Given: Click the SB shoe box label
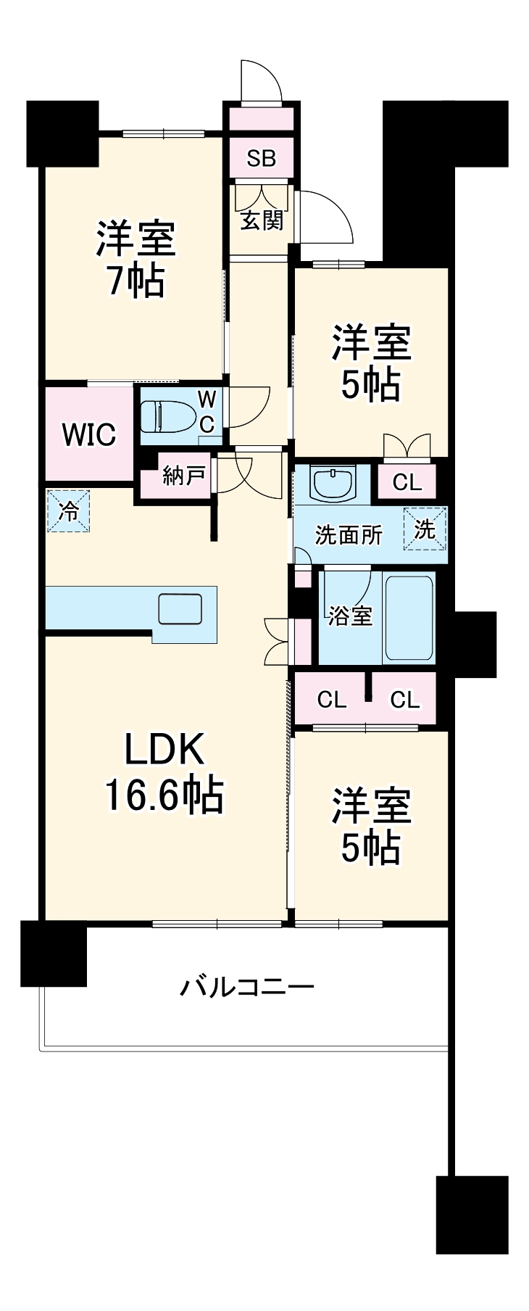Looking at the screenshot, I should tap(261, 158).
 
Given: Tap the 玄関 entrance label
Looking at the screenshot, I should tap(262, 219).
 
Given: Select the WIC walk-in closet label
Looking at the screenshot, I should tap(88, 434).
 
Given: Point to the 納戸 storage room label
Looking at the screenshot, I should tap(183, 477).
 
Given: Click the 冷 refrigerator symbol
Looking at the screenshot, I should tap(69, 512).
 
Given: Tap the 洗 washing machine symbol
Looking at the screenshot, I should tap(425, 529).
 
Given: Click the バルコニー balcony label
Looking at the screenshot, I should tap(247, 987).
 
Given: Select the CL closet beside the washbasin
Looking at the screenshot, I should tap(407, 482).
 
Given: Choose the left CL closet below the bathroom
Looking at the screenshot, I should tap(331, 700).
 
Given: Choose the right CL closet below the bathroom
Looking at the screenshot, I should tap(404, 700).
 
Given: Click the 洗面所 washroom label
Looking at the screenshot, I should tap(348, 535).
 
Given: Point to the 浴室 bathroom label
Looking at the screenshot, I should tap(349, 616).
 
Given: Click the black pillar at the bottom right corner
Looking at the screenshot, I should tap(472, 1215).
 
